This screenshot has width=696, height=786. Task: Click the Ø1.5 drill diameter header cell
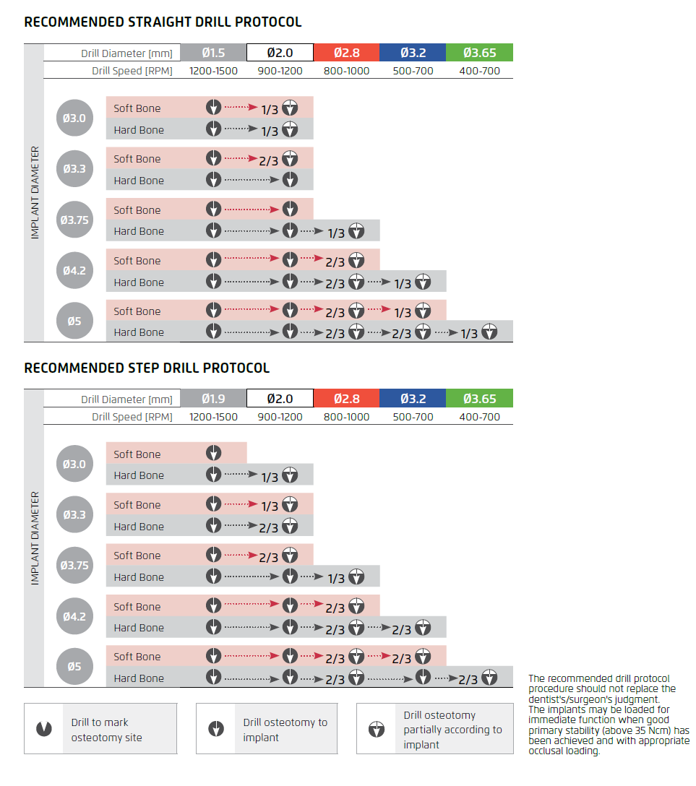[x=213, y=53]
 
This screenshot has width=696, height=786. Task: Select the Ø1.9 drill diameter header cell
[x=213, y=398]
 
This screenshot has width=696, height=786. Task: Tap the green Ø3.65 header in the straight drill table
[x=479, y=53]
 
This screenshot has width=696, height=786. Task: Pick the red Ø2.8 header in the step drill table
[x=346, y=398]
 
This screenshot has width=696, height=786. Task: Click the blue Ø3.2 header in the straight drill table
[x=413, y=53]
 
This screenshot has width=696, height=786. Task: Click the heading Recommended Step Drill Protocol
[x=147, y=368]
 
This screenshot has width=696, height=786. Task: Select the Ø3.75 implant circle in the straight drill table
[x=74, y=220]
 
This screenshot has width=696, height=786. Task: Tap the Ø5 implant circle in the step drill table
[x=74, y=667]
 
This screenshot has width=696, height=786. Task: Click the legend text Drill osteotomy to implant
[x=285, y=730]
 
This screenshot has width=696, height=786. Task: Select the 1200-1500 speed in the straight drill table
[x=213, y=71]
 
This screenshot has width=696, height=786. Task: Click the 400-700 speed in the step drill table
[x=479, y=417]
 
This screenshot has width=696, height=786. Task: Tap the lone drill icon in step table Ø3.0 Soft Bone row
[x=213, y=454]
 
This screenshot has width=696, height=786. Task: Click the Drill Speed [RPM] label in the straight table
[x=132, y=71]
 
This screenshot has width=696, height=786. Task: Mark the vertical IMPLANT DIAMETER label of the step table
[x=35, y=538]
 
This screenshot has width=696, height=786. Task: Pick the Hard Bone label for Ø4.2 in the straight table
[x=139, y=282]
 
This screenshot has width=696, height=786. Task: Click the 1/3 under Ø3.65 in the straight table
[x=470, y=333]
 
